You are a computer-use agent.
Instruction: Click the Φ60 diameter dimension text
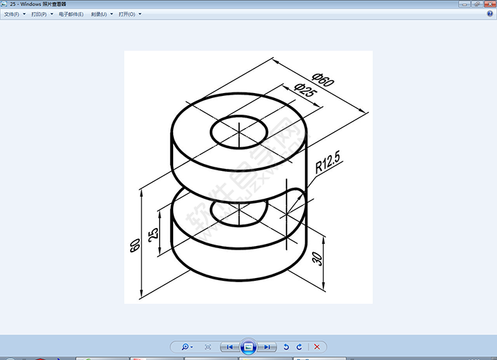[324, 79]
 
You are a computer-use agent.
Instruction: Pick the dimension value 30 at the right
[318, 259]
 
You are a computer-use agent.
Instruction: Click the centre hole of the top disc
[238, 131]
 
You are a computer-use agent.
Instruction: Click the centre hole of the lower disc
[238, 212]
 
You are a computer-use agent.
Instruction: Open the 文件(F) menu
[12, 15]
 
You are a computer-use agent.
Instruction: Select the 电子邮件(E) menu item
[71, 15]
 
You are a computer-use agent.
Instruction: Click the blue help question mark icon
[489, 14]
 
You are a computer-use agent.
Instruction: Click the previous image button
[230, 346]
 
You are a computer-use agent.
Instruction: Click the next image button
[267, 346]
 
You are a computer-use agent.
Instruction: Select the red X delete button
[317, 346]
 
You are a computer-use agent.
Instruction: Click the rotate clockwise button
[300, 346]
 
